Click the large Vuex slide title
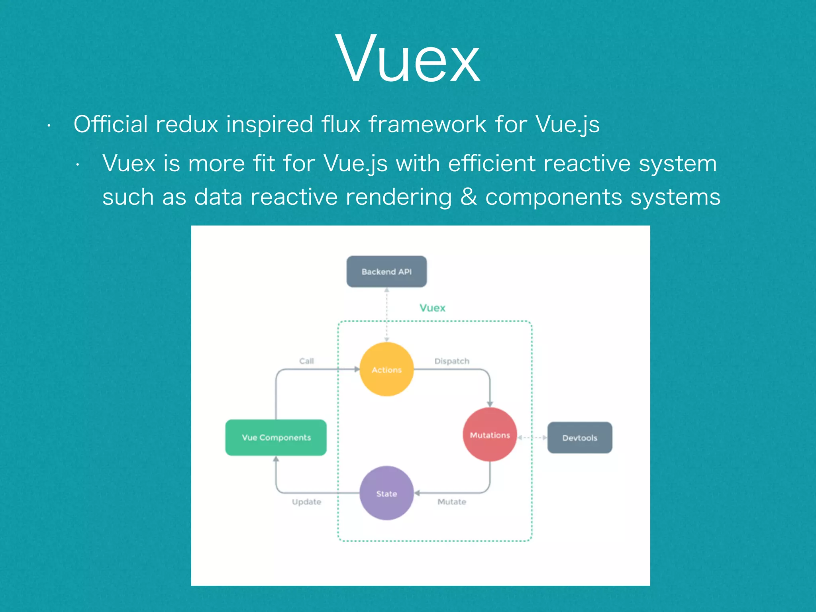point(408,60)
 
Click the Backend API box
point(386,271)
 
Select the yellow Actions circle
point(386,369)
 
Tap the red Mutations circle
point(490,435)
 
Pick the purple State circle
point(386,493)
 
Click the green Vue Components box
point(276,437)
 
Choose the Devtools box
point(580,437)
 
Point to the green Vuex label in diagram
point(432,308)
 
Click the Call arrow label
point(306,361)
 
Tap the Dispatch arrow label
point(452,361)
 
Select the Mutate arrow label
point(452,502)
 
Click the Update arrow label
point(306,502)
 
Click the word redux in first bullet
point(187,124)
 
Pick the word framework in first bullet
point(427,124)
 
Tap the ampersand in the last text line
point(469,197)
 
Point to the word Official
point(111,124)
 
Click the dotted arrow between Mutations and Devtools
point(532,437)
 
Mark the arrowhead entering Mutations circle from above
point(490,404)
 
